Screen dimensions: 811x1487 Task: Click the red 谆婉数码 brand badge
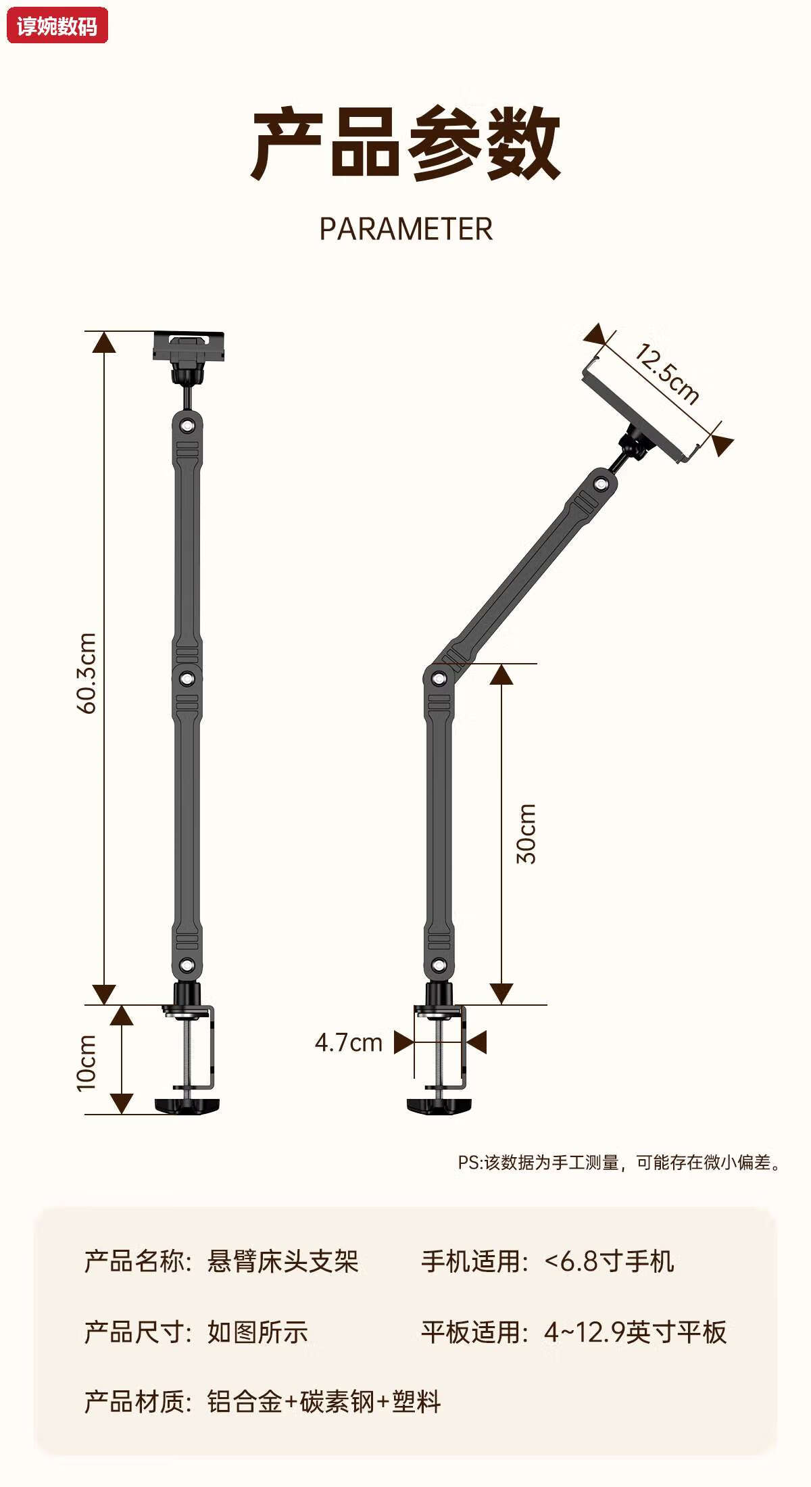click(57, 26)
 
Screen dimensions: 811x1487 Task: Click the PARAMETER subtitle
click(405, 229)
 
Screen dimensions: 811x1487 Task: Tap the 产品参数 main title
click(405, 143)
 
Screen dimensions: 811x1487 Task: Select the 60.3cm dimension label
click(87, 673)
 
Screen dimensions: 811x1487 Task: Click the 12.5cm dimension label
click(666, 374)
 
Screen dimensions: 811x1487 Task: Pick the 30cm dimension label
click(526, 833)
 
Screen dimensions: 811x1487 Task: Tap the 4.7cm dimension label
click(349, 1043)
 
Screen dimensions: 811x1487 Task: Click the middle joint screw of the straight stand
click(187, 678)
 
